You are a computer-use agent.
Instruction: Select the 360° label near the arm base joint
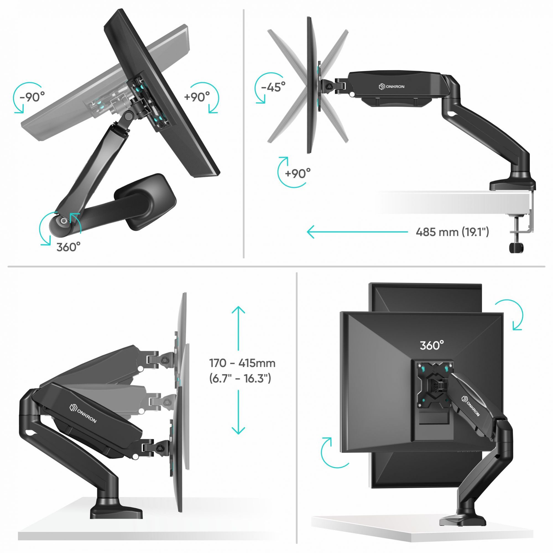68,247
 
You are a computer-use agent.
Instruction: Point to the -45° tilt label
273,86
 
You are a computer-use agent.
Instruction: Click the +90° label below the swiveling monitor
298,173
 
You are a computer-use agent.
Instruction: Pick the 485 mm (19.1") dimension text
452,232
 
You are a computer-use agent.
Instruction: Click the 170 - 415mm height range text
242,363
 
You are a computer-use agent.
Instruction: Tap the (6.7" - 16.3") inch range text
240,379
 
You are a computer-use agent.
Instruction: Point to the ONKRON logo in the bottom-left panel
83,413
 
